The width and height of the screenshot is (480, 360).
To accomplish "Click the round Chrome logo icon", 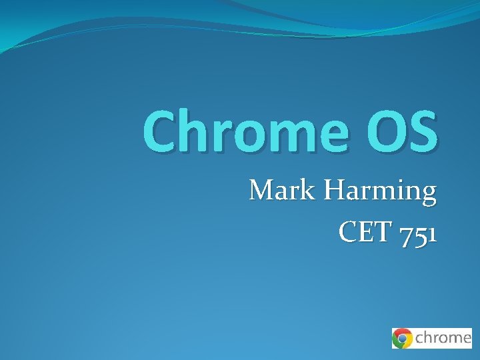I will click(x=402, y=338).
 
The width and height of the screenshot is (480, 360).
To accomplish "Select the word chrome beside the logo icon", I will click(x=443, y=338).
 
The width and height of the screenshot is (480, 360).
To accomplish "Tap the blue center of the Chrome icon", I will click(x=402, y=338).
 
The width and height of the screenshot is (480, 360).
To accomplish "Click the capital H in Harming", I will click(x=335, y=191).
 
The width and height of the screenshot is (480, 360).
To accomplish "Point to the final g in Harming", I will click(x=428, y=195).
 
